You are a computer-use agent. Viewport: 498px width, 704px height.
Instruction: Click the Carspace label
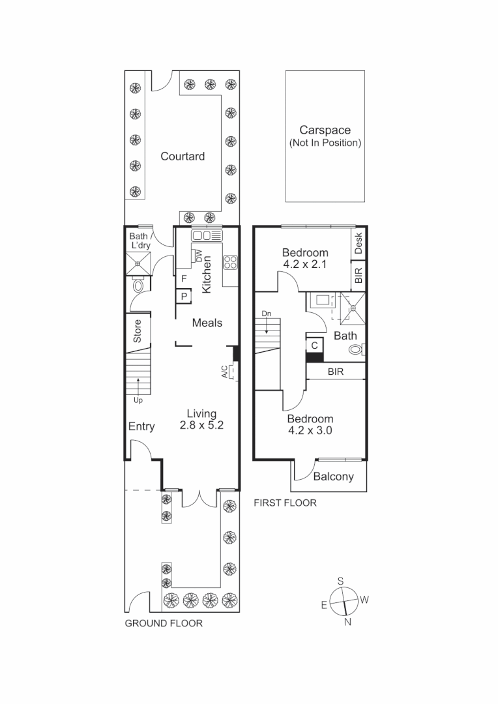click(x=325, y=130)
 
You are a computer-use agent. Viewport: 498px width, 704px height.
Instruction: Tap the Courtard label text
click(x=183, y=156)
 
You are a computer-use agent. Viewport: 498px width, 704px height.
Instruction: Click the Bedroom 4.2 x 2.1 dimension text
click(x=304, y=265)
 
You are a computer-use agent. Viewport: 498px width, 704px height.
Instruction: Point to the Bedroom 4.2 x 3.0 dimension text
click(x=310, y=430)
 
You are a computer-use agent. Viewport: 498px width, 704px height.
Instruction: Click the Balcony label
click(x=333, y=477)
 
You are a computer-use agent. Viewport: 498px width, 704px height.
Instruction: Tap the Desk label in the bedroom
click(x=359, y=242)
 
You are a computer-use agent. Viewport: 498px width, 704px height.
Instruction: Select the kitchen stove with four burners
click(x=231, y=262)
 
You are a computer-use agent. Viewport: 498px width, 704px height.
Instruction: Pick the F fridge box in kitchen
click(x=184, y=279)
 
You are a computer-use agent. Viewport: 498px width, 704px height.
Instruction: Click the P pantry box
click(x=184, y=296)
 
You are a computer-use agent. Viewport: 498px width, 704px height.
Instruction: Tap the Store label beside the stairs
click(x=138, y=330)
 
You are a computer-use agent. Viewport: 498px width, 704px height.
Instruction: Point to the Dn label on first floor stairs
click(x=266, y=314)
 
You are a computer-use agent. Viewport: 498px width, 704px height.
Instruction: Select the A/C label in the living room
click(x=224, y=372)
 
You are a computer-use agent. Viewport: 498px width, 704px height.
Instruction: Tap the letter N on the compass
click(x=347, y=621)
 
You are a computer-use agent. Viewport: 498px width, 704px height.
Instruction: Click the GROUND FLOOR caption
click(x=164, y=623)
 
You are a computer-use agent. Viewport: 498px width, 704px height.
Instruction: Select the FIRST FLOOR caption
click(x=285, y=503)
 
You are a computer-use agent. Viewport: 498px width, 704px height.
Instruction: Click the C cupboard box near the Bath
click(x=314, y=345)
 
